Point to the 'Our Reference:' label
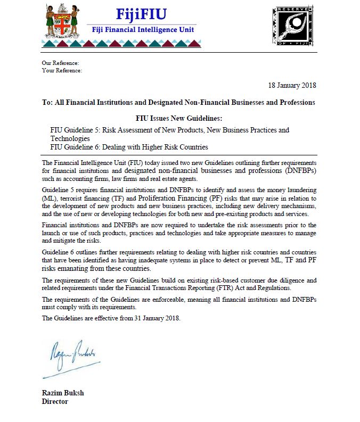click(x=60, y=63)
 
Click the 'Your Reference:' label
click(x=62, y=70)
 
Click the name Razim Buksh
click(x=63, y=393)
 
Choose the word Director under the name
click(x=55, y=401)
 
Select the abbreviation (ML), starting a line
click(x=48, y=198)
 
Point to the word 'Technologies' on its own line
click(x=70, y=138)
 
